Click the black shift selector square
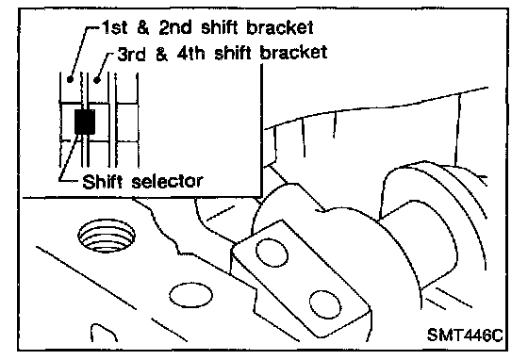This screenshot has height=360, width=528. click(85, 122)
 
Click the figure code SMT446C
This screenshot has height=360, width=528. click(465, 335)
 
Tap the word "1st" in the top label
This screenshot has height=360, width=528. click(114, 27)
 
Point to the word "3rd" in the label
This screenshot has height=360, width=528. click(131, 54)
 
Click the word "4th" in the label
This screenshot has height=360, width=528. click(190, 54)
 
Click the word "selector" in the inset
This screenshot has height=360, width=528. click(167, 182)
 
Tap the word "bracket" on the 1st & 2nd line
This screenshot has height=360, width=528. click(280, 27)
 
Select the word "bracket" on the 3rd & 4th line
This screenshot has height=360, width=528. click(293, 53)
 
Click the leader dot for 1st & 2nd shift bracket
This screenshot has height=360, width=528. click(70, 80)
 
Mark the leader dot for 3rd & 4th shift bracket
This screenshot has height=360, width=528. click(97, 80)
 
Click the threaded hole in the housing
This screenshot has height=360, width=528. click(107, 237)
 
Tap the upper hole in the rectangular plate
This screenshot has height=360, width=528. click(272, 253)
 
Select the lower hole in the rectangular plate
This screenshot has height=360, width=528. click(324, 304)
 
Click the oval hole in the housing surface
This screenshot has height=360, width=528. click(190, 296)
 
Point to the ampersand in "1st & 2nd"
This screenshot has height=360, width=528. click(142, 28)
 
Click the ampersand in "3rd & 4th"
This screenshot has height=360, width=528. click(161, 54)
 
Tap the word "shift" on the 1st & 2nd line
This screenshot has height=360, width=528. click(219, 27)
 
